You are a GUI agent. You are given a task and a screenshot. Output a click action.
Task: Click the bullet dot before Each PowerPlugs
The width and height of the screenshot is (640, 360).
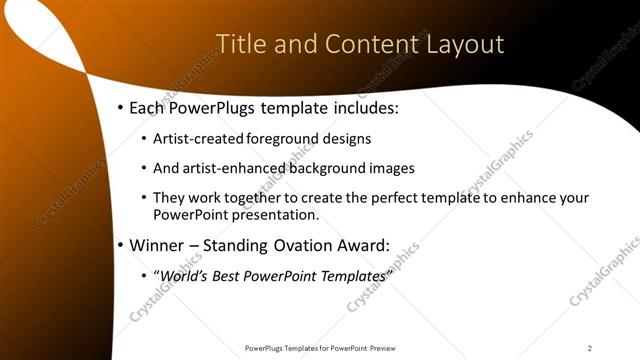(120, 107)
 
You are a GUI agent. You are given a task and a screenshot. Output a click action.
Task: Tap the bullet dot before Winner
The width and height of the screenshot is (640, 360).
(120, 244)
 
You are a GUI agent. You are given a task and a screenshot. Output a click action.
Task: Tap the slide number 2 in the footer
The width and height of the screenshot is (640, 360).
(590, 348)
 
